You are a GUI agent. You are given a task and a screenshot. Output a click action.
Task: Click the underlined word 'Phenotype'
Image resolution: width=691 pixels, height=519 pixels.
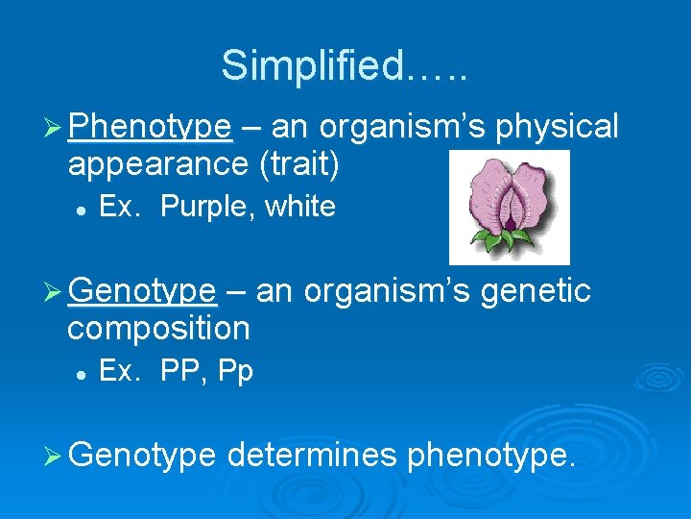pos(150,127)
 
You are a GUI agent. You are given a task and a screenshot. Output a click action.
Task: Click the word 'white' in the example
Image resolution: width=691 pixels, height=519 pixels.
pos(299,207)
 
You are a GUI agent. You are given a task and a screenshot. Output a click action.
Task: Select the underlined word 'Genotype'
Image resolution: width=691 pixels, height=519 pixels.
pos(142,290)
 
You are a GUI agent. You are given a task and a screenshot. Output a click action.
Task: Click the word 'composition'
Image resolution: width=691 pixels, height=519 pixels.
pos(158,328)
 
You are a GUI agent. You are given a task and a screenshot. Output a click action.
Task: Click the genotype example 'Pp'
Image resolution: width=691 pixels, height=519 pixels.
pos(235,371)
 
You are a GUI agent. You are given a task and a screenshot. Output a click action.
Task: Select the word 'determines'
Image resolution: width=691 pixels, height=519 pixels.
pos(312,453)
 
